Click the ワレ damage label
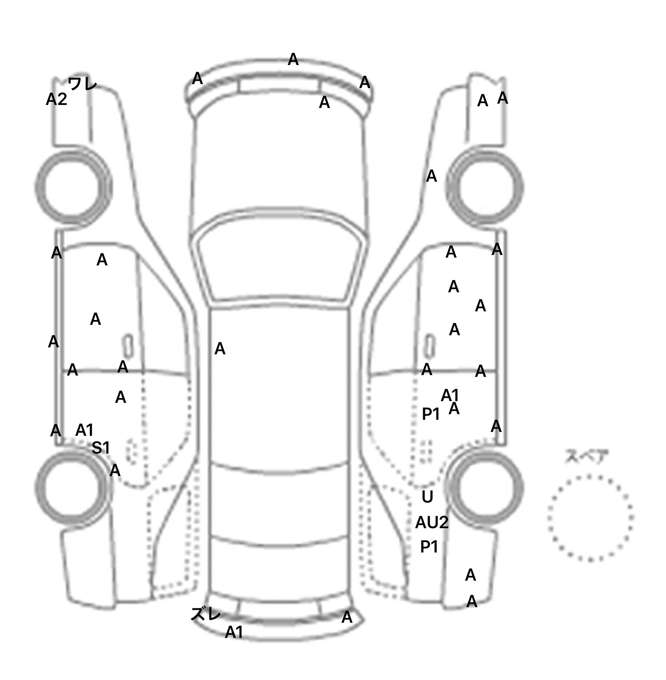click(82, 83)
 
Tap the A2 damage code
click(56, 99)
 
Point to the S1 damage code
click(101, 448)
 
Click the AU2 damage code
click(432, 523)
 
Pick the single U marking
click(428, 497)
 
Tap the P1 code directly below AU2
click(429, 547)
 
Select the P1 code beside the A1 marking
click(431, 414)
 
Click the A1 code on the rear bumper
click(234, 633)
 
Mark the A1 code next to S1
click(85, 430)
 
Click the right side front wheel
click(485, 187)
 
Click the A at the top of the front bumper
click(293, 59)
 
